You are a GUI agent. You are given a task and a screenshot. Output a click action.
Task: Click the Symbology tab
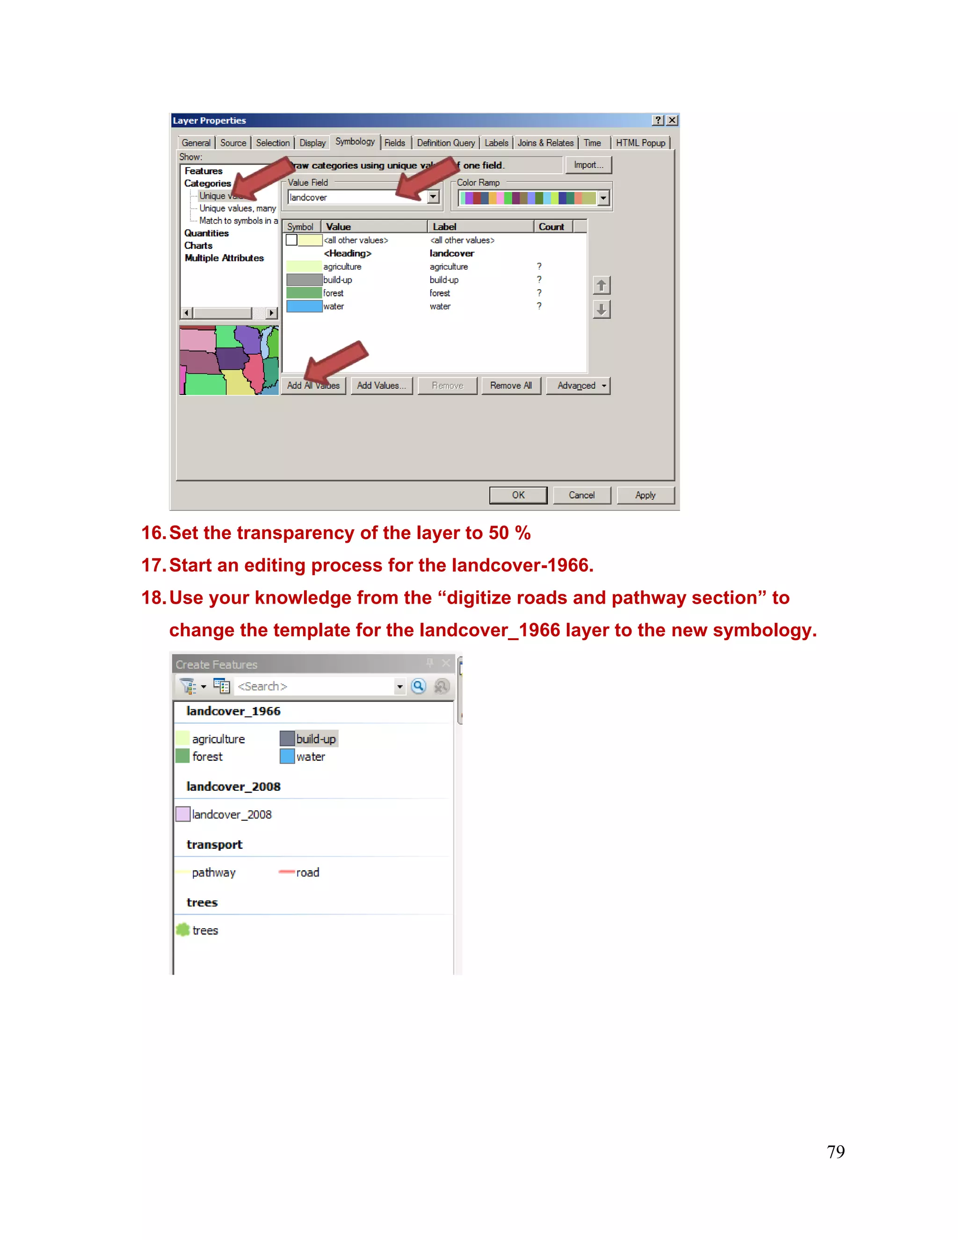point(355,142)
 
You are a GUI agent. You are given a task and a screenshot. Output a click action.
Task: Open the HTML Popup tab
point(640,143)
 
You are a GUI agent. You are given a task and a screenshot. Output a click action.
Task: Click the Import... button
point(588,165)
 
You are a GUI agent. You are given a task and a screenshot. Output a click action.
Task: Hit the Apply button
point(645,495)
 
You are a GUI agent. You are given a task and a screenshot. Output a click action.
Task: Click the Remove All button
point(510,386)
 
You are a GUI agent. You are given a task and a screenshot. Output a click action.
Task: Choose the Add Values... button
point(381,386)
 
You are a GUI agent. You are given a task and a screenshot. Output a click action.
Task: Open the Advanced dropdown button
point(578,386)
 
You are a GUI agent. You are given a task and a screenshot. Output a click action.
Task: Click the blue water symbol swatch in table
point(304,306)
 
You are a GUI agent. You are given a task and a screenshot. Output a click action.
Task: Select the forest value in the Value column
point(333,293)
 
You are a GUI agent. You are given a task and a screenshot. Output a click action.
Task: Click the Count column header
point(551,226)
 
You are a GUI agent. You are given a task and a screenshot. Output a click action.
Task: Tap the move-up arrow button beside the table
point(601,285)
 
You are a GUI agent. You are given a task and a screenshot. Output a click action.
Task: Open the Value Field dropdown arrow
point(433,197)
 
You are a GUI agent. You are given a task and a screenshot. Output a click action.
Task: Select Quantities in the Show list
point(206,233)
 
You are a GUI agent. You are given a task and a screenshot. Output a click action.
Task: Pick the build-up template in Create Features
point(309,739)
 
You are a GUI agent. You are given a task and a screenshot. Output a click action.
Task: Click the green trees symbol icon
point(183,930)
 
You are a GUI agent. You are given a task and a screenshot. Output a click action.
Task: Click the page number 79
point(835,1152)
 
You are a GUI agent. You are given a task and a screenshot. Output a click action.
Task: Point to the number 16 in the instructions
point(152,532)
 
